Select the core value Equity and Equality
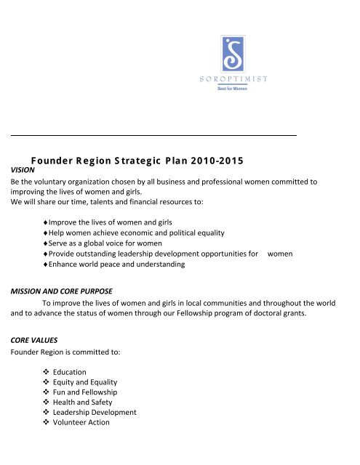pos(97,382)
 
